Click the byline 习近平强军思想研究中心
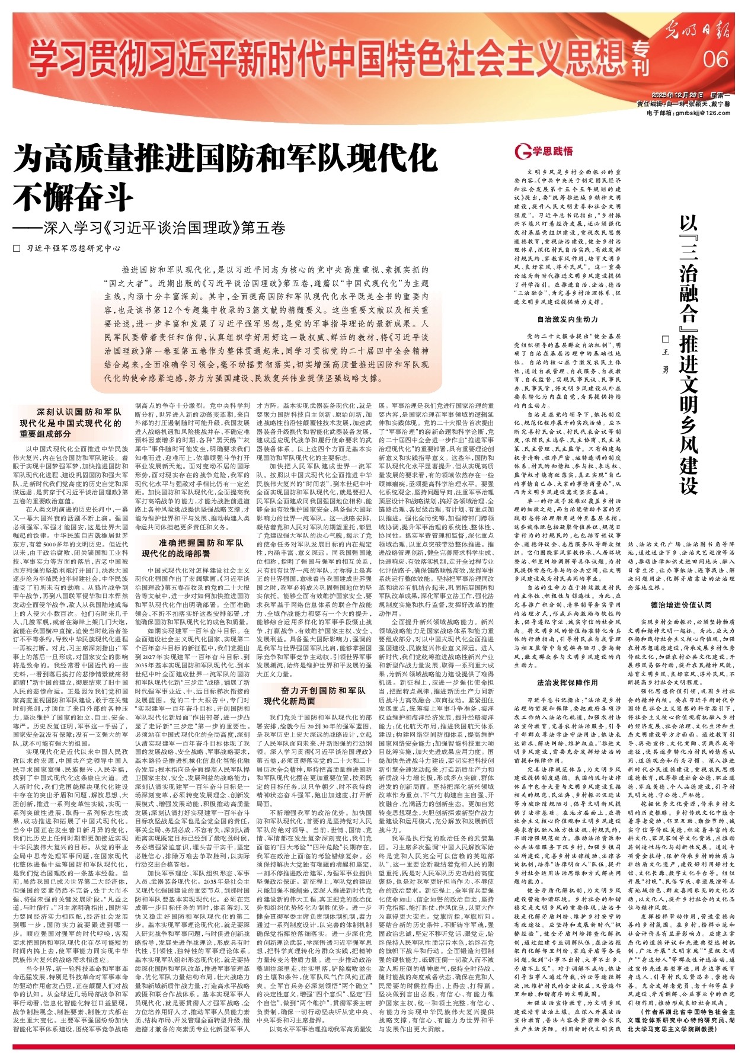coord(73,248)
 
